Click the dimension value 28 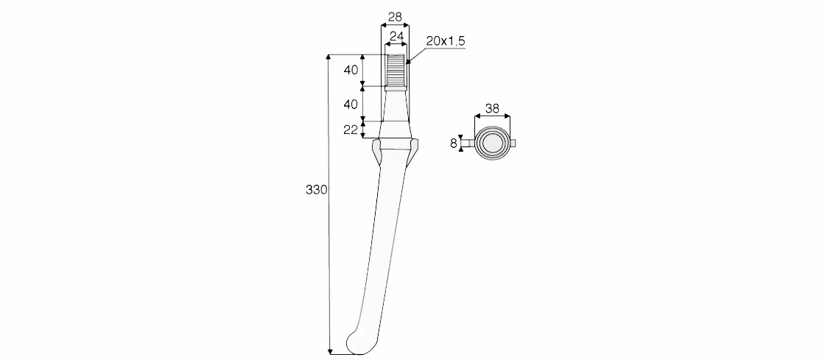tap(395, 17)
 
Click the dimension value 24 tap(397, 36)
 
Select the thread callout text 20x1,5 tap(446, 41)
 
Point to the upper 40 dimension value tap(351, 70)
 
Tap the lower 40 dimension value tap(351, 105)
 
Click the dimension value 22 tap(351, 130)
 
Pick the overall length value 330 tap(316, 190)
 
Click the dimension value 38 tap(492, 108)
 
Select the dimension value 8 tap(454, 143)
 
